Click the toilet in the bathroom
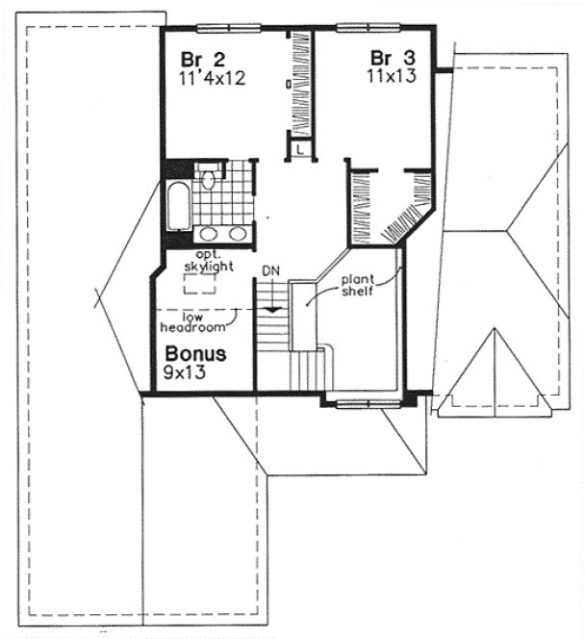pyautogui.click(x=208, y=180)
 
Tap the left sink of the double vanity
pyautogui.click(x=209, y=233)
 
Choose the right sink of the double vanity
pyautogui.click(x=236, y=233)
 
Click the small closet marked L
pyautogui.click(x=300, y=149)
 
